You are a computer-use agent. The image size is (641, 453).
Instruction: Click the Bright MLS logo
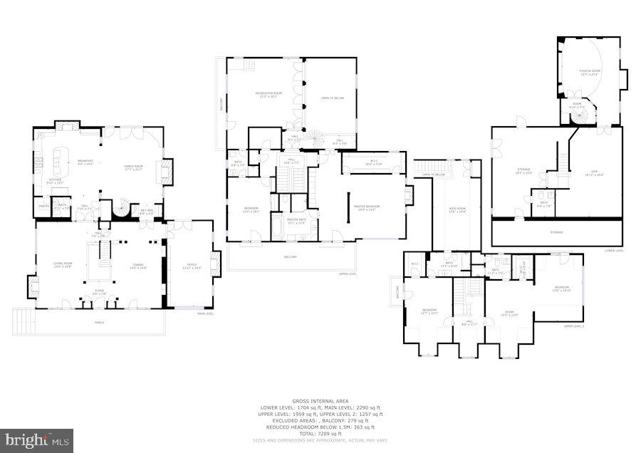tap(37, 440)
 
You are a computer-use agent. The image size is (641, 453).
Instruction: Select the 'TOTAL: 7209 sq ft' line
tap(320, 433)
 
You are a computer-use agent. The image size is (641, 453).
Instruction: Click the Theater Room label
tap(590, 72)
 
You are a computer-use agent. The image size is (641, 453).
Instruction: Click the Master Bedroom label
tap(367, 208)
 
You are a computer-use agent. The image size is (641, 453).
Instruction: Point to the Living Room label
tap(63, 265)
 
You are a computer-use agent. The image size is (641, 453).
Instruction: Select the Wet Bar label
tap(147, 211)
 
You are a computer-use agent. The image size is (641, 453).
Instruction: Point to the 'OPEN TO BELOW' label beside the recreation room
tap(332, 98)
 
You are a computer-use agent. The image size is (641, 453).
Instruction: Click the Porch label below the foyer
tap(99, 322)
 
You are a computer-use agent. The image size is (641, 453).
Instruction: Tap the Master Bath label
tap(296, 221)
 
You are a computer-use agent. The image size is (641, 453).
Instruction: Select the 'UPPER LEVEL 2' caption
tap(573, 326)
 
